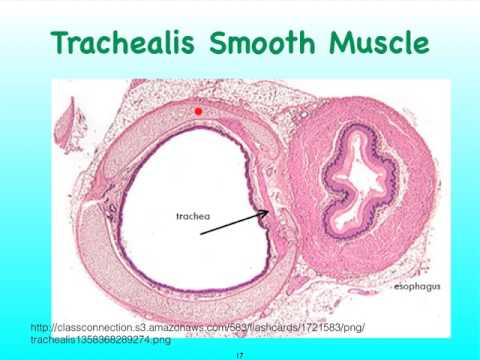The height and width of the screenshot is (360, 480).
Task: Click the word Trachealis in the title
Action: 127,43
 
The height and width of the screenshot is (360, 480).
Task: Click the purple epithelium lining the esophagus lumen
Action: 322,150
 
